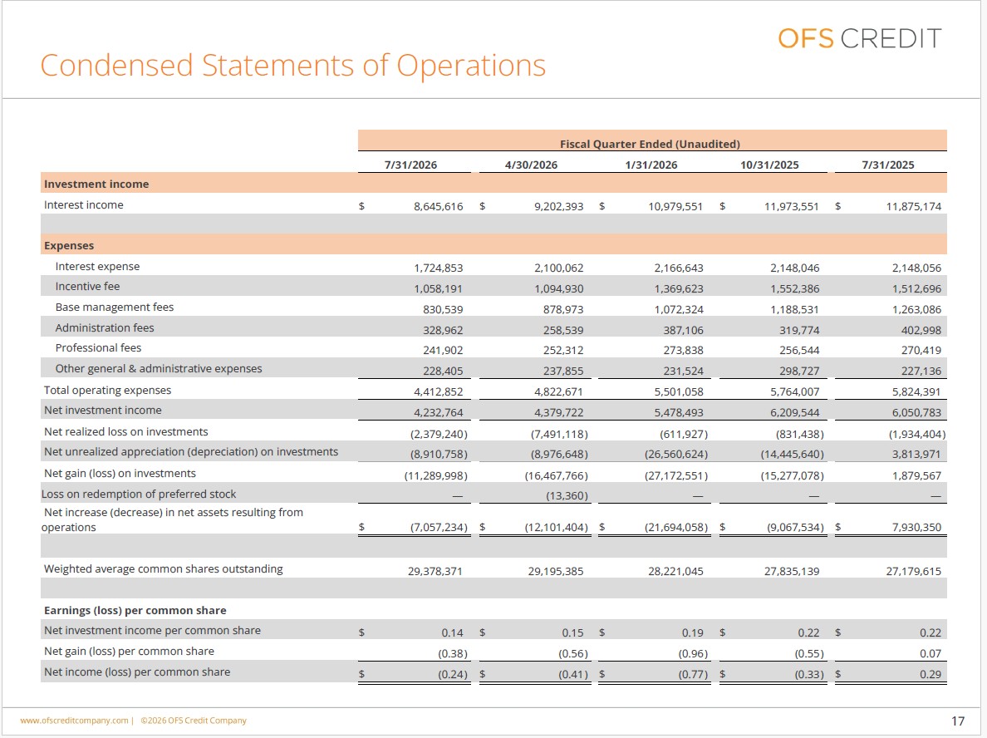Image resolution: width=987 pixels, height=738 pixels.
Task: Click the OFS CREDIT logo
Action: coord(860,38)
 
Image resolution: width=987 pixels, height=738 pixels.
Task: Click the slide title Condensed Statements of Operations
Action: coord(292,66)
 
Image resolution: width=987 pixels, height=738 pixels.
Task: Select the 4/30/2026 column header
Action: coord(531,165)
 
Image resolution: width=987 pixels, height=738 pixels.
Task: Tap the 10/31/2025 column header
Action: coord(769,165)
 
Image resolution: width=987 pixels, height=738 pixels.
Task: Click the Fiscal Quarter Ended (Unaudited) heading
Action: coord(651,145)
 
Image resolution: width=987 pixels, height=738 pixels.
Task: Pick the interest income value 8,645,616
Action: coord(438,207)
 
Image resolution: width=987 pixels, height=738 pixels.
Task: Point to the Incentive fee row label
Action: coord(87,287)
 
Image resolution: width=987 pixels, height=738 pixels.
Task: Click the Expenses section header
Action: coord(69,245)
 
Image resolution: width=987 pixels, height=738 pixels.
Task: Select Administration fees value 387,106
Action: coord(683,330)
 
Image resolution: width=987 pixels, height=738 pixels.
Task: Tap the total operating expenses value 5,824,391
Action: coord(916,391)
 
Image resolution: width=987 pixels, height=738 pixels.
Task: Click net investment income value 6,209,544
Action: coord(795,413)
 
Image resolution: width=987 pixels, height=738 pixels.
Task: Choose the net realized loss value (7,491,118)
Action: coord(560,434)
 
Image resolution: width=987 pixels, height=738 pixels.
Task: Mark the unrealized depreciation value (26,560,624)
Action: coord(676,454)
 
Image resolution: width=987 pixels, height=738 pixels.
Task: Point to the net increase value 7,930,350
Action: coord(916,527)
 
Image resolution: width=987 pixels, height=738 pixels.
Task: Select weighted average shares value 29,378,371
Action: coord(435,572)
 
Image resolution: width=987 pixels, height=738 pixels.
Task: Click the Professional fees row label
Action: coord(98,348)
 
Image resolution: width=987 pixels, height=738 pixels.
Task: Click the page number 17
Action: coord(958,721)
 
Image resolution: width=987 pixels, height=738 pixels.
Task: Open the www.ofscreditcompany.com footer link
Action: coord(74,721)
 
